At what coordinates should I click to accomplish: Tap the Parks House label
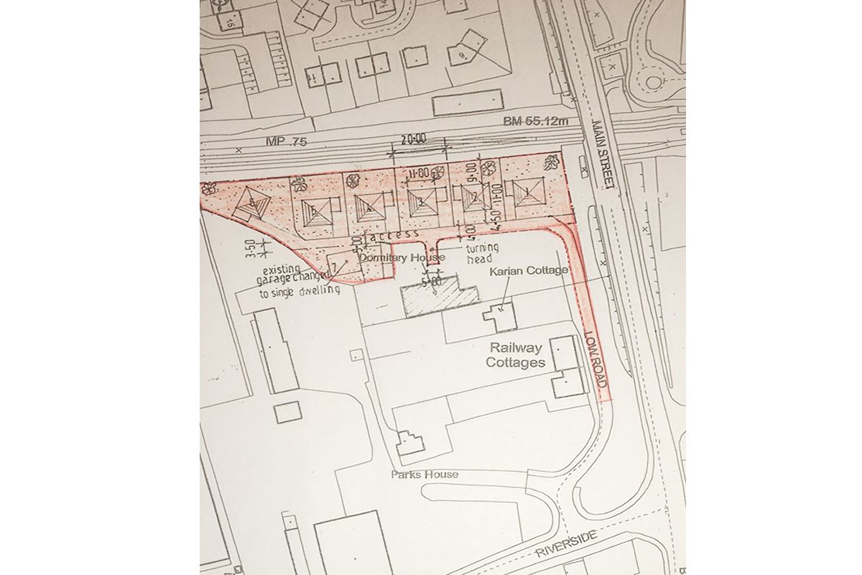pyautogui.click(x=425, y=474)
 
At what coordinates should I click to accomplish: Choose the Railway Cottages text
pyautogui.click(x=515, y=355)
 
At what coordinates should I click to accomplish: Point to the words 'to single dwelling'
pyautogui.click(x=295, y=293)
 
